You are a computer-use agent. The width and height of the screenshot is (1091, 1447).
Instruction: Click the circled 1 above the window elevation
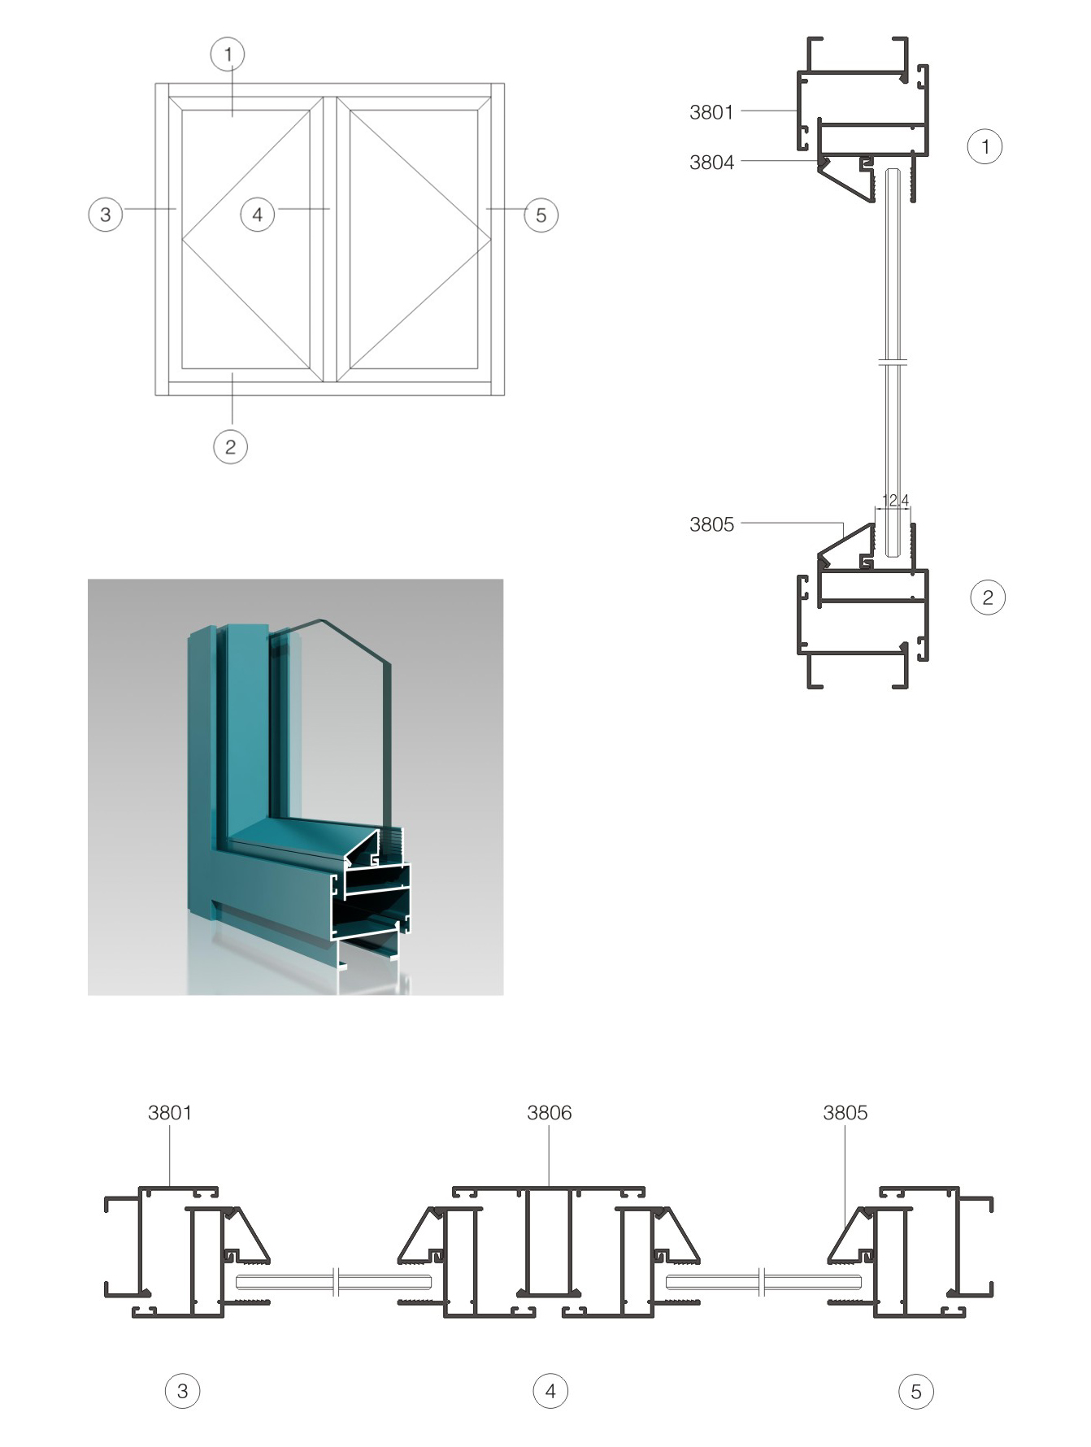[x=228, y=54]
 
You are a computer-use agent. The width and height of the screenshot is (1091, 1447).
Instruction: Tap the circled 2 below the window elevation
[x=230, y=446]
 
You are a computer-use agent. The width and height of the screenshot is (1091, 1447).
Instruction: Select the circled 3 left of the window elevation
[x=105, y=215]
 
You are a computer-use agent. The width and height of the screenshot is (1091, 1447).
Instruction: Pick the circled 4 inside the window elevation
[x=258, y=215]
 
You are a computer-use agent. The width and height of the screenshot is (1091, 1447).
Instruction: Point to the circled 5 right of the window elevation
[x=541, y=215]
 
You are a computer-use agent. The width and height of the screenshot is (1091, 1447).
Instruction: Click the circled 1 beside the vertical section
[x=985, y=146]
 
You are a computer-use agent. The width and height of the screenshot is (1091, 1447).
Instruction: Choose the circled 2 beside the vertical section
[x=988, y=597]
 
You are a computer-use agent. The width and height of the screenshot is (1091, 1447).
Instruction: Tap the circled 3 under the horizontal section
[x=182, y=1391]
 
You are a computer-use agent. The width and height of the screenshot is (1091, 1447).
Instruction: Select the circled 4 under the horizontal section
[x=550, y=1391]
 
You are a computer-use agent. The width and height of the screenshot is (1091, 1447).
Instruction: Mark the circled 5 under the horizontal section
[x=916, y=1392]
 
